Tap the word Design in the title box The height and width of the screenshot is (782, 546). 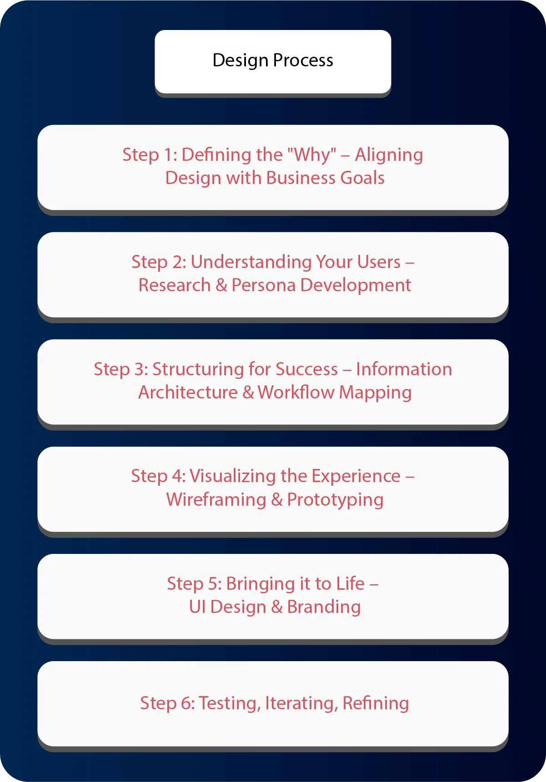[240, 61]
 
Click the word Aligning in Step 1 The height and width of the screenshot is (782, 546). [389, 155]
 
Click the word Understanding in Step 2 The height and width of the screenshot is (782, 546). [251, 262]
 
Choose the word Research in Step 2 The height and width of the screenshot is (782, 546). [175, 285]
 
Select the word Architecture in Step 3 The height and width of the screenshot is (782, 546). [188, 393]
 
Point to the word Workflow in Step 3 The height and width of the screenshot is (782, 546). [296, 393]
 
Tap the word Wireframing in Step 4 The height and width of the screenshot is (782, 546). [216, 500]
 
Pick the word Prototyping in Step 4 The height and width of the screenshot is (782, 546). [335, 500]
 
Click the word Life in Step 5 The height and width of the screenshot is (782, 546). [350, 584]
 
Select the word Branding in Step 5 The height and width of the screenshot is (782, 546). [324, 607]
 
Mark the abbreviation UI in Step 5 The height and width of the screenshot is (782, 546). [197, 607]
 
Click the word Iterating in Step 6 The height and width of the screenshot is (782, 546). [301, 703]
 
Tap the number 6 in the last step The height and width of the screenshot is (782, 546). [186, 703]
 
